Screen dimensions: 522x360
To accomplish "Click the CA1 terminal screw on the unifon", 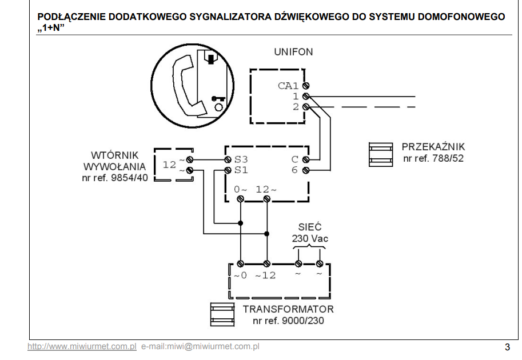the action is click(x=306, y=86).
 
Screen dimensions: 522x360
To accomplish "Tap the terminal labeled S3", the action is click(x=228, y=159).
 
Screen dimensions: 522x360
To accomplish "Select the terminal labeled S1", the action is click(x=228, y=170).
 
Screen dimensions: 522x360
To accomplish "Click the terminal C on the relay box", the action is click(x=306, y=159).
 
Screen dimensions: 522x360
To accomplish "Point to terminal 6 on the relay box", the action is click(x=306, y=170).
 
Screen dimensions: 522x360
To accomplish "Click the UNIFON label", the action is click(x=293, y=52).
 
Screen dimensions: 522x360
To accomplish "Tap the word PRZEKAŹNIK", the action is click(x=433, y=147).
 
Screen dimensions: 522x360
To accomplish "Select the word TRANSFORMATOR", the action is click(x=288, y=309).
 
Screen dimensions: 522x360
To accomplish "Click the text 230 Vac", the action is click(x=310, y=238).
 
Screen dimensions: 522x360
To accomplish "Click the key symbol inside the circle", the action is click(x=218, y=98).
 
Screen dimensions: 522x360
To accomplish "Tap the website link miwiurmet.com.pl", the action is click(x=82, y=346).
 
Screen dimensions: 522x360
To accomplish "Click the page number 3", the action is click(x=507, y=347).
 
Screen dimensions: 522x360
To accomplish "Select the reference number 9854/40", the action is click(x=129, y=178).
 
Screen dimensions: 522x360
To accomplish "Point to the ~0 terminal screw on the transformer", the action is click(x=240, y=264).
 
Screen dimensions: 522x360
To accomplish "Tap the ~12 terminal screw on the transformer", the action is click(x=266, y=264).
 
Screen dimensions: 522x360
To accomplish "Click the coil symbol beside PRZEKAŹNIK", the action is click(x=381, y=154).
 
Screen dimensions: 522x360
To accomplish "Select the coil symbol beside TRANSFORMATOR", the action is click(x=222, y=314).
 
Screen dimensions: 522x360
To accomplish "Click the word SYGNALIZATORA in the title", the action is click(x=230, y=17).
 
